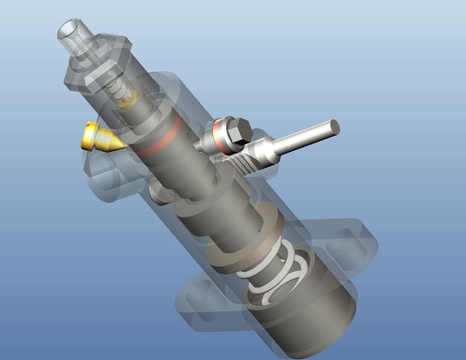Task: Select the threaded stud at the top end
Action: (74, 36)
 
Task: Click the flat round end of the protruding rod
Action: (334, 127)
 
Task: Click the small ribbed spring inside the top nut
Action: (115, 84)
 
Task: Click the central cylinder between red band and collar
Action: (191, 174)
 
